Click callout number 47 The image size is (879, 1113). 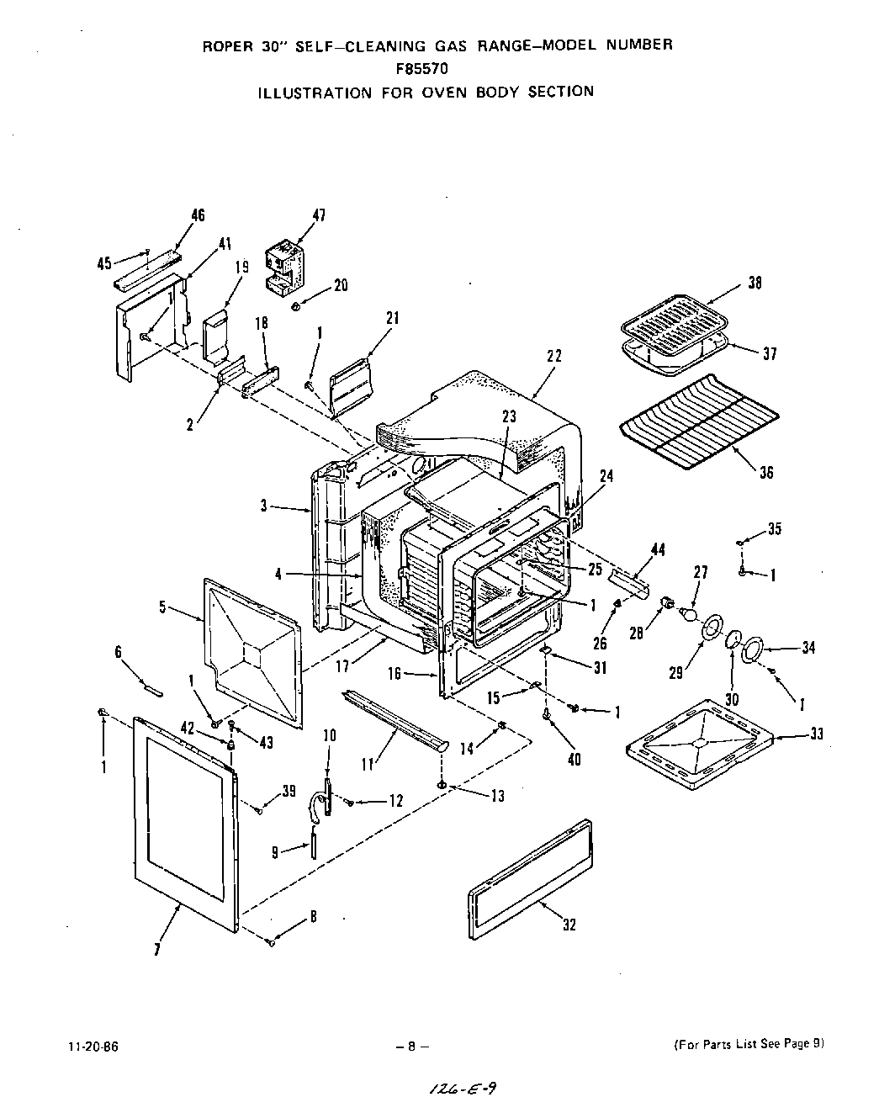tap(319, 216)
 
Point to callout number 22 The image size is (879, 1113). tap(553, 356)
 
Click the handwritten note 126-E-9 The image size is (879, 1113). tap(462, 1089)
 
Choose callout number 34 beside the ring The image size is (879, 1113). tap(808, 648)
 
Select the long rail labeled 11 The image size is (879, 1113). tap(394, 718)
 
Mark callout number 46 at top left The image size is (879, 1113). tap(198, 215)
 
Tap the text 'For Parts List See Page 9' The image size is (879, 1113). tap(748, 1044)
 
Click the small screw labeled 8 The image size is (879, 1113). tap(271, 941)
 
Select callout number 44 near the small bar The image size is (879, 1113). tap(658, 549)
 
